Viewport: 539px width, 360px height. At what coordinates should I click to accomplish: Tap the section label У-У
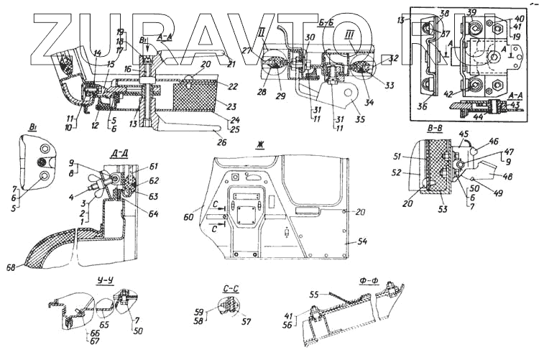(75, 282)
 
